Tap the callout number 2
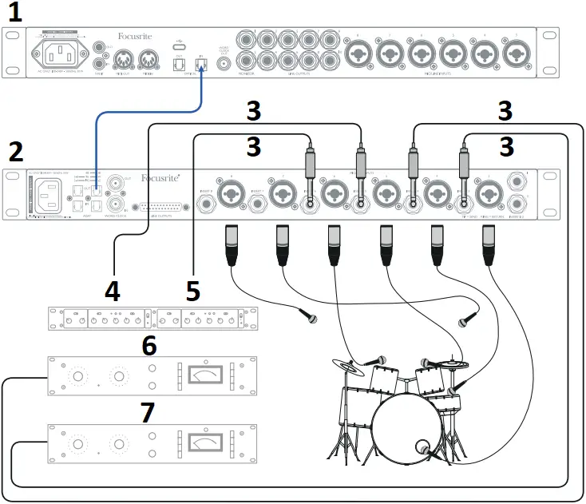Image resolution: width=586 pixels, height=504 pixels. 15,150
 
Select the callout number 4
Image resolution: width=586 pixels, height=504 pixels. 113,290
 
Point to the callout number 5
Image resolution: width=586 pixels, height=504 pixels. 192,290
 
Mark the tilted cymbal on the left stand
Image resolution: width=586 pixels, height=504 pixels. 350,367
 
